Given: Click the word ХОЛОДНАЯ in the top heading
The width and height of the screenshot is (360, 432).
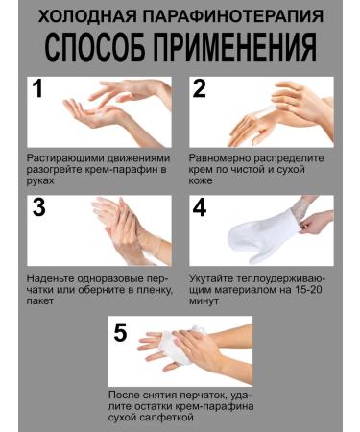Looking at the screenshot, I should tap(92, 15).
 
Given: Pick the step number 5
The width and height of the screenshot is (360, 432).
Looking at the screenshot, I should tap(120, 332).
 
